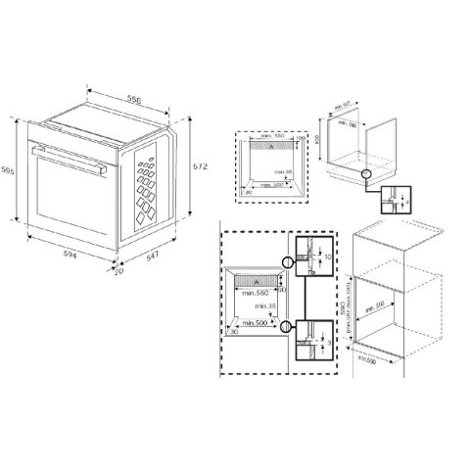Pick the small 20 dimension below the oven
click(118, 271)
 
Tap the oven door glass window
click(69, 196)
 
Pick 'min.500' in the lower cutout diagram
click(257, 320)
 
